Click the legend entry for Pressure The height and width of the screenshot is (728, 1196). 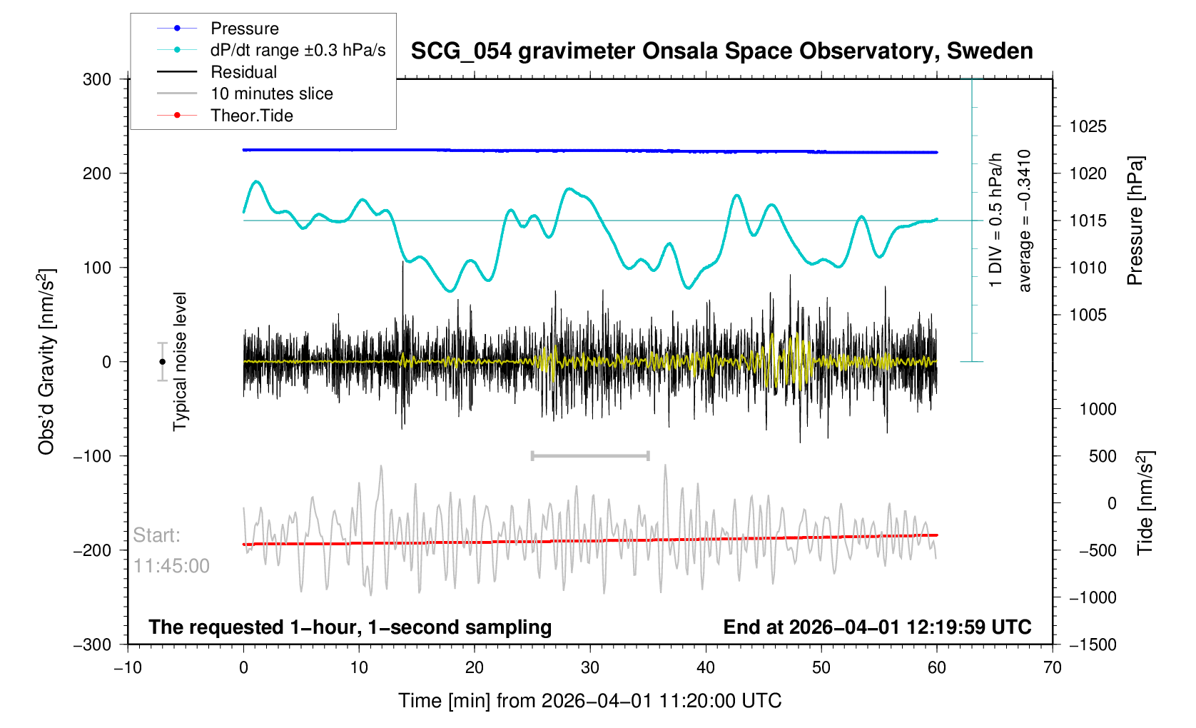pos(244,29)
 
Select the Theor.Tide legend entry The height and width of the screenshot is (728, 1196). pos(251,116)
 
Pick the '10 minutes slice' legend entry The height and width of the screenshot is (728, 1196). pos(271,93)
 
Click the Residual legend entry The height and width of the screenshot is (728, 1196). pos(243,72)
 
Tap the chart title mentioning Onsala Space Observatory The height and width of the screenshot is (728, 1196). pos(721,51)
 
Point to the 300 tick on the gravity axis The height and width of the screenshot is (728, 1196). pos(97,79)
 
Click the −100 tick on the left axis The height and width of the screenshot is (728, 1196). pos(93,456)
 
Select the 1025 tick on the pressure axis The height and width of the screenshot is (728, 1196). pos(1088,126)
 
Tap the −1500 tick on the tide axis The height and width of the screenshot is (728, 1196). pos(1092,644)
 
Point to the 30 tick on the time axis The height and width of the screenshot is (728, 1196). pos(590,668)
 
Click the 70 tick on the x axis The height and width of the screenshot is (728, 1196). pos(1052,668)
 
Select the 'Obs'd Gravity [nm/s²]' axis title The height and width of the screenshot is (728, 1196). pos(46,362)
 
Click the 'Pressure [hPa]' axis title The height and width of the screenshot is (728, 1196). pos(1135,221)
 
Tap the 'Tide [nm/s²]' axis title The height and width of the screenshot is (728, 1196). pos(1145,503)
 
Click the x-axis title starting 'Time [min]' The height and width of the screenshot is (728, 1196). pos(589,701)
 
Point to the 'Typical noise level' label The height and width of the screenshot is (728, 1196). pos(180,362)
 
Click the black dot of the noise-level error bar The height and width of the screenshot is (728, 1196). pos(163,362)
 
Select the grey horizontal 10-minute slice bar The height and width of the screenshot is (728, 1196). pos(590,455)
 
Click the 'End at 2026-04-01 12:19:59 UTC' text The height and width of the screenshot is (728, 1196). pos(877,627)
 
